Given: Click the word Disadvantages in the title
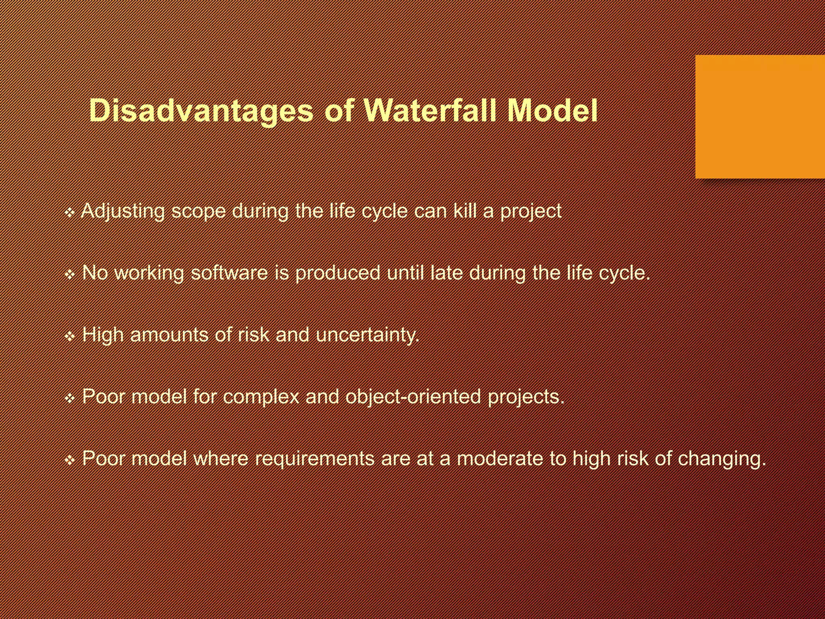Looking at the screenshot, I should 201,110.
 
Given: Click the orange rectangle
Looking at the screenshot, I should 760,117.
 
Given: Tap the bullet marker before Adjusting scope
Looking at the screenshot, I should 70,212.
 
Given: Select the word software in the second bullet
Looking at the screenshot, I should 229,273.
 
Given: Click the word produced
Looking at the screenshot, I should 338,273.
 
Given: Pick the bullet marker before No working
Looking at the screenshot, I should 70,274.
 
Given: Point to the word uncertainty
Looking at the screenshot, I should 367,335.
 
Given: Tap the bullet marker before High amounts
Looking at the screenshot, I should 70,336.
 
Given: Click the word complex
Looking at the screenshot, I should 261,397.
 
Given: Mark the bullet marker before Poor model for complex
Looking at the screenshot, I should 70,398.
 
